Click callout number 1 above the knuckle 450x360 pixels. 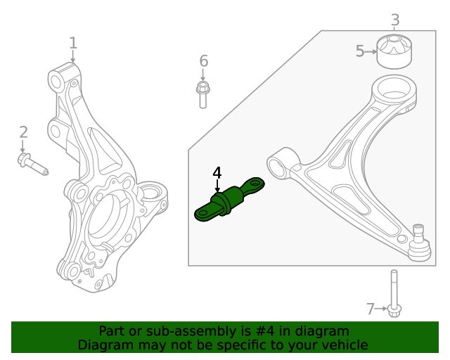click(x=73, y=44)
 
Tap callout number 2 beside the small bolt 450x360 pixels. click(x=23, y=132)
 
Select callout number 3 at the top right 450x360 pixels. click(x=395, y=20)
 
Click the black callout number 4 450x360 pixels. click(x=217, y=172)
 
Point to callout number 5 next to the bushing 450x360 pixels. click(x=360, y=51)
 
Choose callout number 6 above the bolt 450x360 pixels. click(x=203, y=61)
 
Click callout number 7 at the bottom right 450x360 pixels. click(x=371, y=308)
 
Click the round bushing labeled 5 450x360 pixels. click(x=395, y=51)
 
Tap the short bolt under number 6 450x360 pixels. click(x=202, y=94)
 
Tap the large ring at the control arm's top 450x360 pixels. click(x=393, y=91)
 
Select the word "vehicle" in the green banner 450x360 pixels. click(x=344, y=345)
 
